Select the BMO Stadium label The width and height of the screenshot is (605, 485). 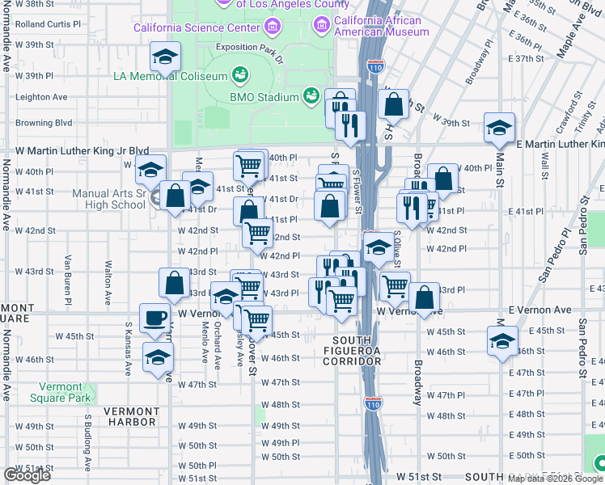pos(264,97)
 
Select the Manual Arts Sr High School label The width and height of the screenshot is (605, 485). pos(108,199)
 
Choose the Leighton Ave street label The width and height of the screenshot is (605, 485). pos(41,97)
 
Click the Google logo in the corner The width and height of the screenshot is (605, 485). pos(27,475)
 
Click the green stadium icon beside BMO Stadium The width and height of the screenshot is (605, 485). pos(311,97)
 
